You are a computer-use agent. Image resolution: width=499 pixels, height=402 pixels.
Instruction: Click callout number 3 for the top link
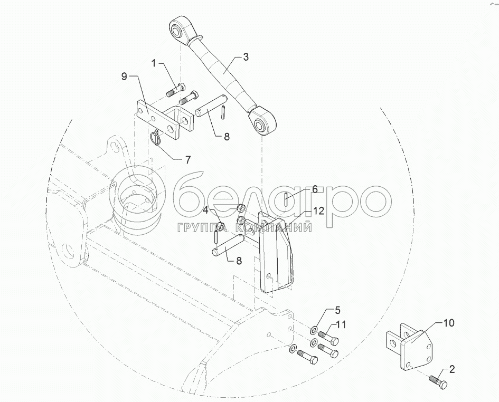(x=246, y=58)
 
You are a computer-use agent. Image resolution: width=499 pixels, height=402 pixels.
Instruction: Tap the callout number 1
(x=154, y=64)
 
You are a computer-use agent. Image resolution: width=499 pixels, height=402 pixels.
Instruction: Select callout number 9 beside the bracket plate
(x=124, y=76)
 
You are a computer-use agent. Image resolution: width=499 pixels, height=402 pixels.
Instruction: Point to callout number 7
(x=188, y=160)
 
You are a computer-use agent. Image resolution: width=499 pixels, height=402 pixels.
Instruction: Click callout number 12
(x=319, y=211)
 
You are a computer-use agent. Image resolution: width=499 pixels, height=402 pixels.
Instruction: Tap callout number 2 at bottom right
(x=452, y=370)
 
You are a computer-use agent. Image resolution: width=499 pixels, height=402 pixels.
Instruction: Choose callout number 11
(x=341, y=325)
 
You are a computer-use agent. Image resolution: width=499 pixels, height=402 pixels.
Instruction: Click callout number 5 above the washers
(x=337, y=310)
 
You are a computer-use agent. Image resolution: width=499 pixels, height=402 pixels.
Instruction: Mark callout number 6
(x=315, y=190)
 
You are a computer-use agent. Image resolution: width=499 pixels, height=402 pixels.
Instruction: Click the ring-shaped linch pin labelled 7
(x=156, y=138)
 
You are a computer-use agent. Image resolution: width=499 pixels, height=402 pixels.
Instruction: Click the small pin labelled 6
(x=287, y=200)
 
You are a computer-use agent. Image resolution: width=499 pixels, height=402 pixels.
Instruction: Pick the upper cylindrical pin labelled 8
(x=211, y=106)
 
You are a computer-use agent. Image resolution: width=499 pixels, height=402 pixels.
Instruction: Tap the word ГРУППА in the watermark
(x=202, y=228)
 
